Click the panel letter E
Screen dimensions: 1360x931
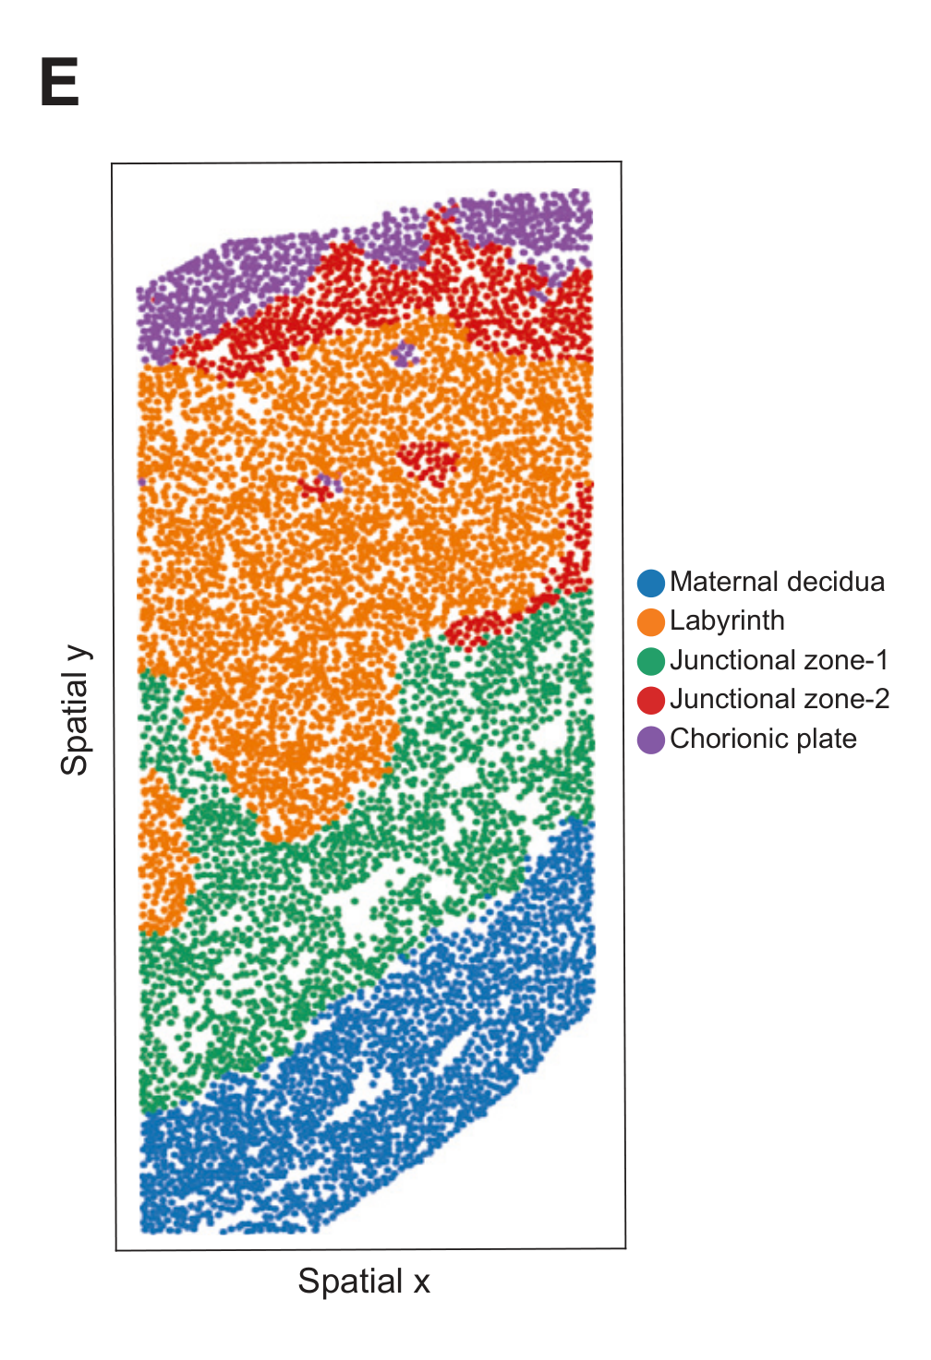click(60, 83)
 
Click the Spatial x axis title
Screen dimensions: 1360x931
click(363, 1282)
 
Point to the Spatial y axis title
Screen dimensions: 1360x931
click(75, 710)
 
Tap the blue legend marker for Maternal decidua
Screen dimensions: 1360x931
click(651, 583)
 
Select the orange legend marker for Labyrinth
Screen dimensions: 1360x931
click(651, 621)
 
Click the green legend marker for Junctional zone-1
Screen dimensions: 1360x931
click(651, 661)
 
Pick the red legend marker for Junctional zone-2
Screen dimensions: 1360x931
click(651, 700)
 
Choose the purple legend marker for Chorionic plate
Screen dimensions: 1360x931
click(651, 740)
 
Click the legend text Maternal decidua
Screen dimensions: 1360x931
click(777, 582)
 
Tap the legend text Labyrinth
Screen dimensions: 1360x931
click(727, 620)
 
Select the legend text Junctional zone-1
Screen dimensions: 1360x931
click(779, 660)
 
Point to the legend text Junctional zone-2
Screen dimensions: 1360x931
click(780, 699)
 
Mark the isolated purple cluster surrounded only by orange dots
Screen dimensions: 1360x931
click(403, 354)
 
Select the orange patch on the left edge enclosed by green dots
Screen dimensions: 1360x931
click(163, 854)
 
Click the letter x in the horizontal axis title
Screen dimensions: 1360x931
click(421, 1282)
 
